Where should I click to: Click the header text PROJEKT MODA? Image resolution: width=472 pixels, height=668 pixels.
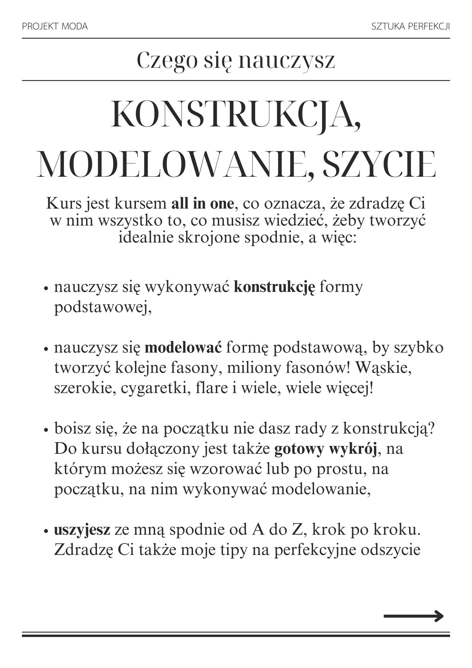[x=55, y=27]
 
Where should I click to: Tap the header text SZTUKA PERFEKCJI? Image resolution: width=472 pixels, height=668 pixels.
[x=410, y=27]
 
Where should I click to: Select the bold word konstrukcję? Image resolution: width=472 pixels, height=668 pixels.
[x=274, y=287]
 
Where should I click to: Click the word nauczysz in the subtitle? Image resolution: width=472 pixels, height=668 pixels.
[x=287, y=60]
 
